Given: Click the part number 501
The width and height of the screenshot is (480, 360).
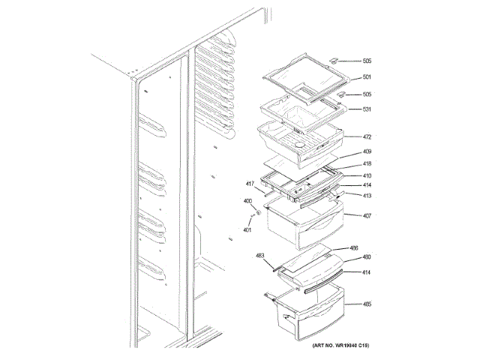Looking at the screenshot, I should tap(367, 77).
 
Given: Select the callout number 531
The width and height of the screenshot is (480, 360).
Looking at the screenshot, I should tap(367, 109).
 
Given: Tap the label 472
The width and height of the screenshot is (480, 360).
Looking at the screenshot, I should tap(367, 138).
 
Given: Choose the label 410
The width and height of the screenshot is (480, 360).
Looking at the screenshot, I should tap(367, 176).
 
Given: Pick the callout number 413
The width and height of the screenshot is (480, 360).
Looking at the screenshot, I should tap(367, 196).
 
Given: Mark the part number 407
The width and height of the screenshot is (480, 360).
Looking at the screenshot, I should tap(367, 217).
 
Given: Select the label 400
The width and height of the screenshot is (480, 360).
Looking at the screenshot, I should tap(247, 201).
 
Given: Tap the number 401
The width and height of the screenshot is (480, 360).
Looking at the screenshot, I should tap(247, 229).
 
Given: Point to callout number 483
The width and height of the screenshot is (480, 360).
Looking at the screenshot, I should tap(261, 256).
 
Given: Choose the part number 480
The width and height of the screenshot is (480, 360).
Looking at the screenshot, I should tap(367, 257).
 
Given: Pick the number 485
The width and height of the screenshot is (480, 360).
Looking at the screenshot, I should tap(367, 304).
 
